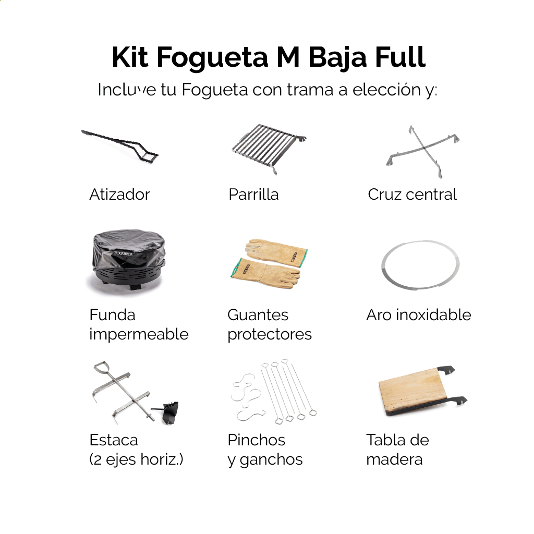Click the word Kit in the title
click(x=130, y=57)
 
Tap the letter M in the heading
click(x=288, y=57)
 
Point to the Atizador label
click(x=119, y=195)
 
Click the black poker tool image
click(x=120, y=145)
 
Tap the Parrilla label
click(x=254, y=195)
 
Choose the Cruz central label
click(x=412, y=195)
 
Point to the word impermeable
click(x=139, y=334)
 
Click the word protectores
click(x=270, y=334)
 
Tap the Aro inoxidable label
click(x=419, y=314)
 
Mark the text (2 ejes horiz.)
click(x=136, y=459)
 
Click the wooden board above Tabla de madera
click(x=413, y=391)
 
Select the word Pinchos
click(x=256, y=440)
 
